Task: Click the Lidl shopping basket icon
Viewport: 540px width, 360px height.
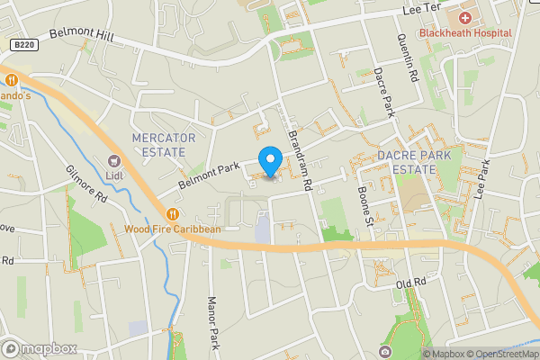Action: point(114,160)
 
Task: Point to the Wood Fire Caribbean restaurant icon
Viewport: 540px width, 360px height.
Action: point(172,214)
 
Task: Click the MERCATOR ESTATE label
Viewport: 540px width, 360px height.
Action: point(164,144)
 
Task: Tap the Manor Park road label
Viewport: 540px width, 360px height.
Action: point(213,324)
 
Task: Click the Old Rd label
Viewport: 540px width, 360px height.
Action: point(409,284)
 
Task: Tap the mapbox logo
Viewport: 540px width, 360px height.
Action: point(39,348)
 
